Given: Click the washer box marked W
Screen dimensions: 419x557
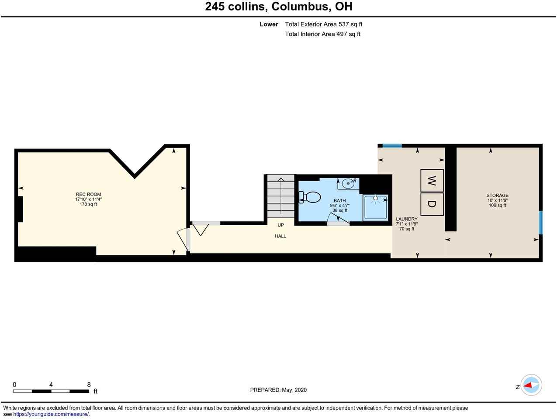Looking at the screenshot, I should coord(432,180).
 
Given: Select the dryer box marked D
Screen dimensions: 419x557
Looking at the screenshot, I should coord(432,204).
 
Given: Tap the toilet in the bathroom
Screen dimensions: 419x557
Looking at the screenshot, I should coord(309,197).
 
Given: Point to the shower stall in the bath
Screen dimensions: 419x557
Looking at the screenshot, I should coord(375,207).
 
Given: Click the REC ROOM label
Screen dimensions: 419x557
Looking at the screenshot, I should coord(88,195).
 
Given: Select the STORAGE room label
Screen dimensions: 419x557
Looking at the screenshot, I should coord(497,196).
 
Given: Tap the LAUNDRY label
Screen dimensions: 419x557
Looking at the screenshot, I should coord(407,219).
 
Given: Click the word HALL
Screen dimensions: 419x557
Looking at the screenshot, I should coord(280,236).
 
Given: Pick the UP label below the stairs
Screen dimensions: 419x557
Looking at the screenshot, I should coord(280,225).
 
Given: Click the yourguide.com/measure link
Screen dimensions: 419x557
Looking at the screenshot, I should coord(51,414).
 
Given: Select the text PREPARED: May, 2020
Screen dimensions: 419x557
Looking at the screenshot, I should coord(278,390).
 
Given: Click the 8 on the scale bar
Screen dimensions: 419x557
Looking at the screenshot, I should coord(89,385).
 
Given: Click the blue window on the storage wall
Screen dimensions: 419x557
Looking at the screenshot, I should coord(540,223).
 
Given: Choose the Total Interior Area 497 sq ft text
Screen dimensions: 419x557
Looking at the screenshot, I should coord(322,34).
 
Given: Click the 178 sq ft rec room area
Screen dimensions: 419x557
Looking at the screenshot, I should coord(88,204).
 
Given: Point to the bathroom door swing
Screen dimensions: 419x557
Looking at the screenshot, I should coord(338,219).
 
